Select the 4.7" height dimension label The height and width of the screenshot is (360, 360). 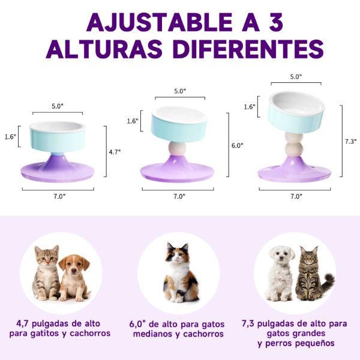pyautogui.click(x=115, y=152)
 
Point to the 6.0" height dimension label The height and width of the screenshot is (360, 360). pyautogui.click(x=238, y=146)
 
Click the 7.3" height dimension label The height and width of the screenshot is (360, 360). pyautogui.click(x=351, y=142)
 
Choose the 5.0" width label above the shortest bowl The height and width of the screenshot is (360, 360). pyautogui.click(x=57, y=106)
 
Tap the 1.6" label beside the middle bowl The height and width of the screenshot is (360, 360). pyautogui.click(x=133, y=121)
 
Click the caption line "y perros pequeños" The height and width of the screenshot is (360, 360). pyautogui.click(x=296, y=344)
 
